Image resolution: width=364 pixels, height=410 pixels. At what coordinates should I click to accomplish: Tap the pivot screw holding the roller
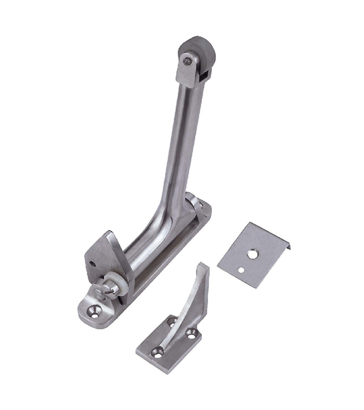187,61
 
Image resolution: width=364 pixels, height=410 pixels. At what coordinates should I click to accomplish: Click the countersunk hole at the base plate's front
93,310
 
